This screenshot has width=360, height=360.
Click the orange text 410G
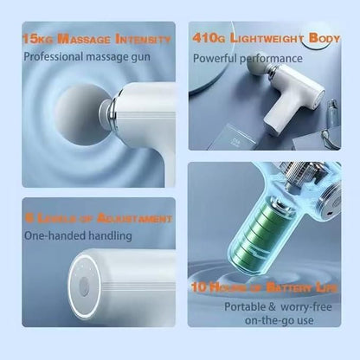(x=208, y=38)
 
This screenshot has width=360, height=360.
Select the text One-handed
(x=52, y=235)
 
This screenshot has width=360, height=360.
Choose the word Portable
(x=248, y=305)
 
